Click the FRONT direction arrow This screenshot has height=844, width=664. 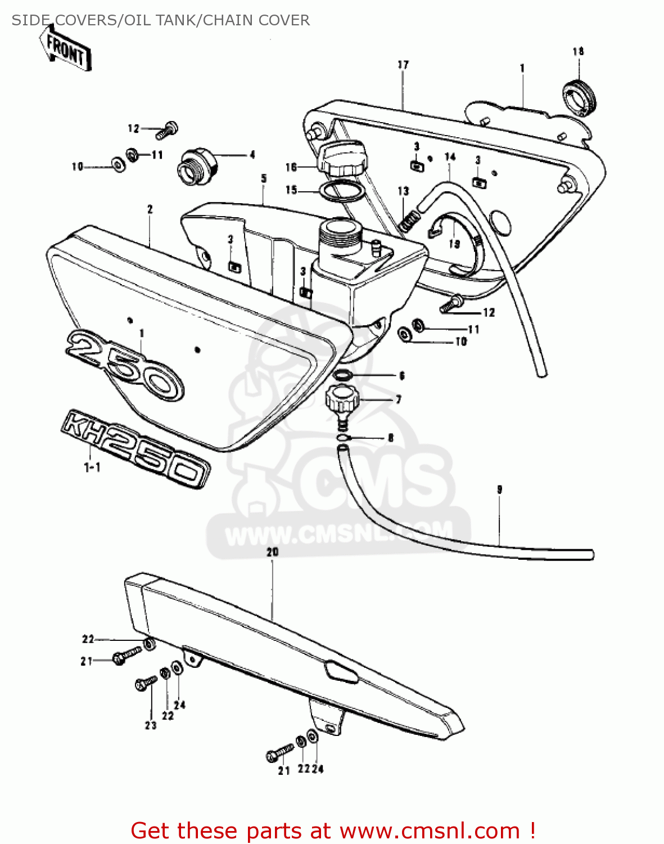65,48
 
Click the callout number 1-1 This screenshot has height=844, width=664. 92,467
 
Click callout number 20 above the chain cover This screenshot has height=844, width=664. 273,552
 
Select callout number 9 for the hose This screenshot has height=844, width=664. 499,490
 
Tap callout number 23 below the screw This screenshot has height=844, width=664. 151,725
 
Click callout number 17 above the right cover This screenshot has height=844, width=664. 403,65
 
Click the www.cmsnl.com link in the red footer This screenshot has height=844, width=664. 430,830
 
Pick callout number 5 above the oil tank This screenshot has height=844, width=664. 264,178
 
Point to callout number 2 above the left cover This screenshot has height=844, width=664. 150,209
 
